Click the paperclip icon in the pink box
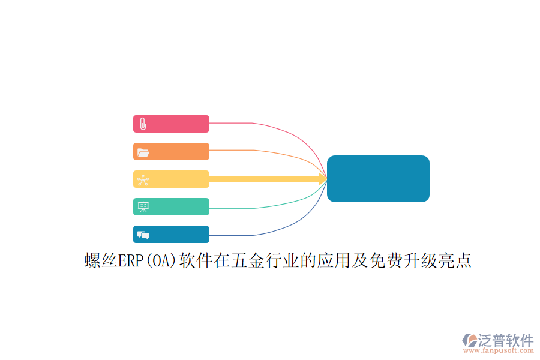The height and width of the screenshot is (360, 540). coord(143,124)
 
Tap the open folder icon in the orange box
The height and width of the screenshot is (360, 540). coord(143,152)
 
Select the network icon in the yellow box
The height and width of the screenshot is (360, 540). coord(143,180)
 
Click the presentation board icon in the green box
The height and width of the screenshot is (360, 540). coord(143,206)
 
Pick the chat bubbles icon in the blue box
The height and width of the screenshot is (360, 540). coord(143,235)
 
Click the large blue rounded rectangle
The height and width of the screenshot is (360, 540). coord(378,178)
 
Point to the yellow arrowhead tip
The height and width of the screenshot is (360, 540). coord(327,179)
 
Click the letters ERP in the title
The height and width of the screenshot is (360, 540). coord(131,260)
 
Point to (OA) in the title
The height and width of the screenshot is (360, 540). coord(161,261)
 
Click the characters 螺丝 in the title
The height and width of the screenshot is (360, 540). coord(101,260)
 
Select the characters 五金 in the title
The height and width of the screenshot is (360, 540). coord(248,260)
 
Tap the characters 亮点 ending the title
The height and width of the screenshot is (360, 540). coord(455,260)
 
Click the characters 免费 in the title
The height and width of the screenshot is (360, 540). coord(386,260)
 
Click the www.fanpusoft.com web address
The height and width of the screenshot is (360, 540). coord(499,350)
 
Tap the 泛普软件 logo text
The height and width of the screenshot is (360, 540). coord(506,340)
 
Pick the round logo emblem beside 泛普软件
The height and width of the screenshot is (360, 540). coord(469,340)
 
